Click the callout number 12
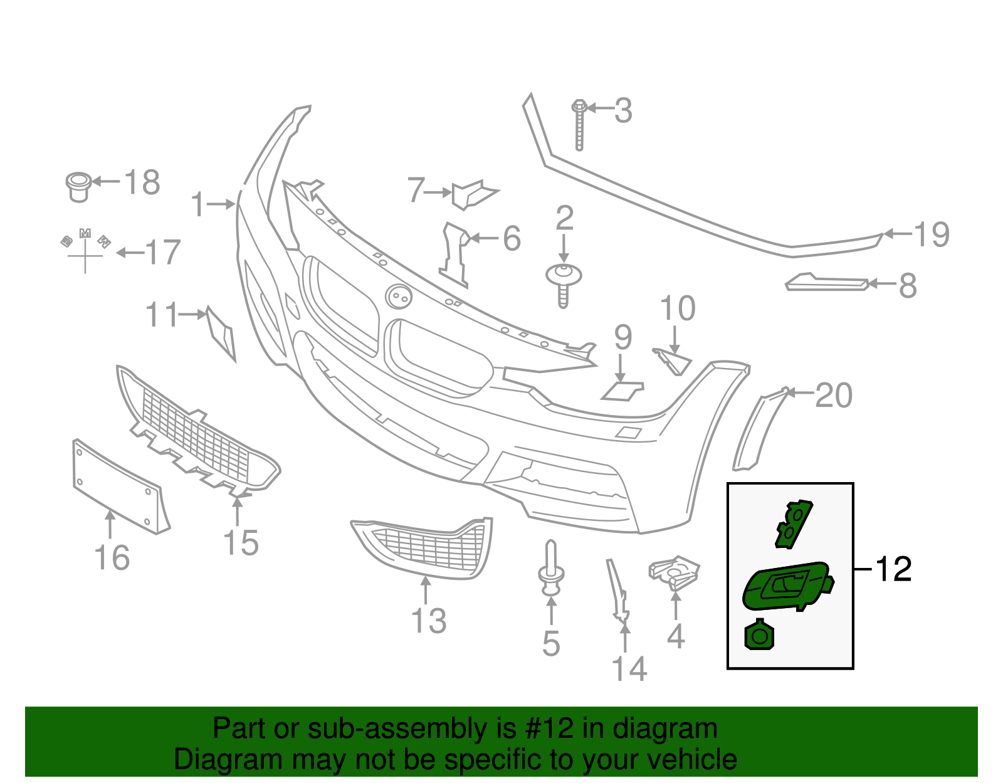(x=893, y=569)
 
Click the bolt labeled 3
(x=579, y=125)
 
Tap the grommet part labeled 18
(x=78, y=186)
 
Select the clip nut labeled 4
(x=674, y=572)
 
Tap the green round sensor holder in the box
(x=759, y=636)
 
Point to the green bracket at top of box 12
(x=792, y=523)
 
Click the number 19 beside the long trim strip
(x=932, y=234)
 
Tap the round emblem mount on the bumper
(x=399, y=297)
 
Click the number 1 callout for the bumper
(x=198, y=204)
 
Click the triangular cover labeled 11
(x=221, y=333)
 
